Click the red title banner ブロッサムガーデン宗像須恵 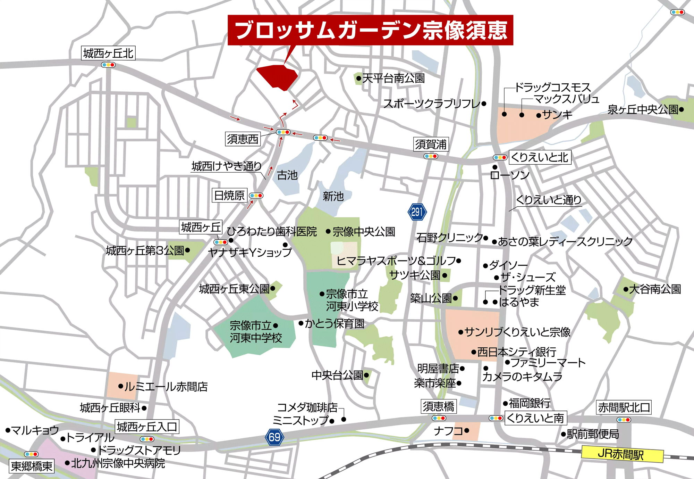point(370,30)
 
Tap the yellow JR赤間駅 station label point(622,454)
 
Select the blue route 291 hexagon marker point(417,212)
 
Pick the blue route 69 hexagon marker point(274,437)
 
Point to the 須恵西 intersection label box point(243,139)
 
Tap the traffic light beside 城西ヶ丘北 point(108,65)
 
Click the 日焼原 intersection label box point(229,195)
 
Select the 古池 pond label point(287,175)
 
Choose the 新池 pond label point(333,197)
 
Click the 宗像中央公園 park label point(364,231)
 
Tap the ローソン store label point(509,175)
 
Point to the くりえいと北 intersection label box point(540,157)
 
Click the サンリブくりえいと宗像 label point(517,332)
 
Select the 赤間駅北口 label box point(624,407)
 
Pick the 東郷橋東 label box point(32,466)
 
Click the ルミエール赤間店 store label point(166,386)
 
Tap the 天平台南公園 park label point(393,78)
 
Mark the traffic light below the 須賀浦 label point(431,156)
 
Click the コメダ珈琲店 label point(307,407)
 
